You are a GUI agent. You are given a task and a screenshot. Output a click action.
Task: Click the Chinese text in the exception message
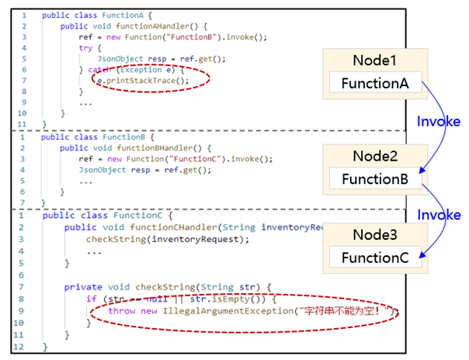point(345,311)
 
